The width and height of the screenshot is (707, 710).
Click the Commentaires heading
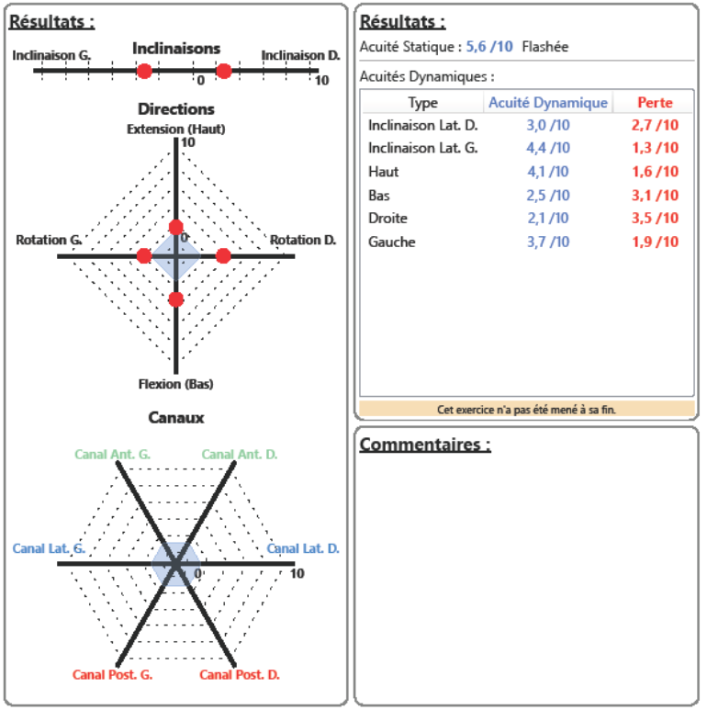pyautogui.click(x=424, y=445)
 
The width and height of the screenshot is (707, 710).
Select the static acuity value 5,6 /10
pyautogui.click(x=489, y=47)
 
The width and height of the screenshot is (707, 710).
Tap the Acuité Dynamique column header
pyautogui.click(x=547, y=103)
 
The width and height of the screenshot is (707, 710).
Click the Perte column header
pyautogui.click(x=655, y=103)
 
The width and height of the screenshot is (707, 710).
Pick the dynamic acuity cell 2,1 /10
pyautogui.click(x=547, y=219)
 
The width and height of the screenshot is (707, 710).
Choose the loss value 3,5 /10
pyautogui.click(x=655, y=219)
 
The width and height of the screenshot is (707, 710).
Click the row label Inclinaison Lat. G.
pyautogui.click(x=422, y=148)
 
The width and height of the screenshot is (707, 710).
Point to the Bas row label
pyautogui.click(x=378, y=196)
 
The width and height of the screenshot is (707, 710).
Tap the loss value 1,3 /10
pyautogui.click(x=655, y=148)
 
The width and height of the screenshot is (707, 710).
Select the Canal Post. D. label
pyautogui.click(x=240, y=675)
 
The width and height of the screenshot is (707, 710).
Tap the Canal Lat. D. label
pyautogui.click(x=303, y=548)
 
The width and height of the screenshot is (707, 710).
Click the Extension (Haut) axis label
pyautogui.click(x=175, y=129)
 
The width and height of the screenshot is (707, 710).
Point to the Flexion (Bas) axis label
pyautogui.click(x=175, y=384)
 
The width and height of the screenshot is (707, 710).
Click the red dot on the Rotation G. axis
pyautogui.click(x=144, y=256)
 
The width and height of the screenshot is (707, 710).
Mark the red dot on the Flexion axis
pyautogui.click(x=176, y=299)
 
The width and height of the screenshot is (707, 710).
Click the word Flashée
pyautogui.click(x=544, y=47)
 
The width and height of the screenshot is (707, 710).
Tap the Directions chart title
pyautogui.click(x=175, y=109)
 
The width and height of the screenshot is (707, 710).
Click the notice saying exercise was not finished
pyautogui.click(x=526, y=410)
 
